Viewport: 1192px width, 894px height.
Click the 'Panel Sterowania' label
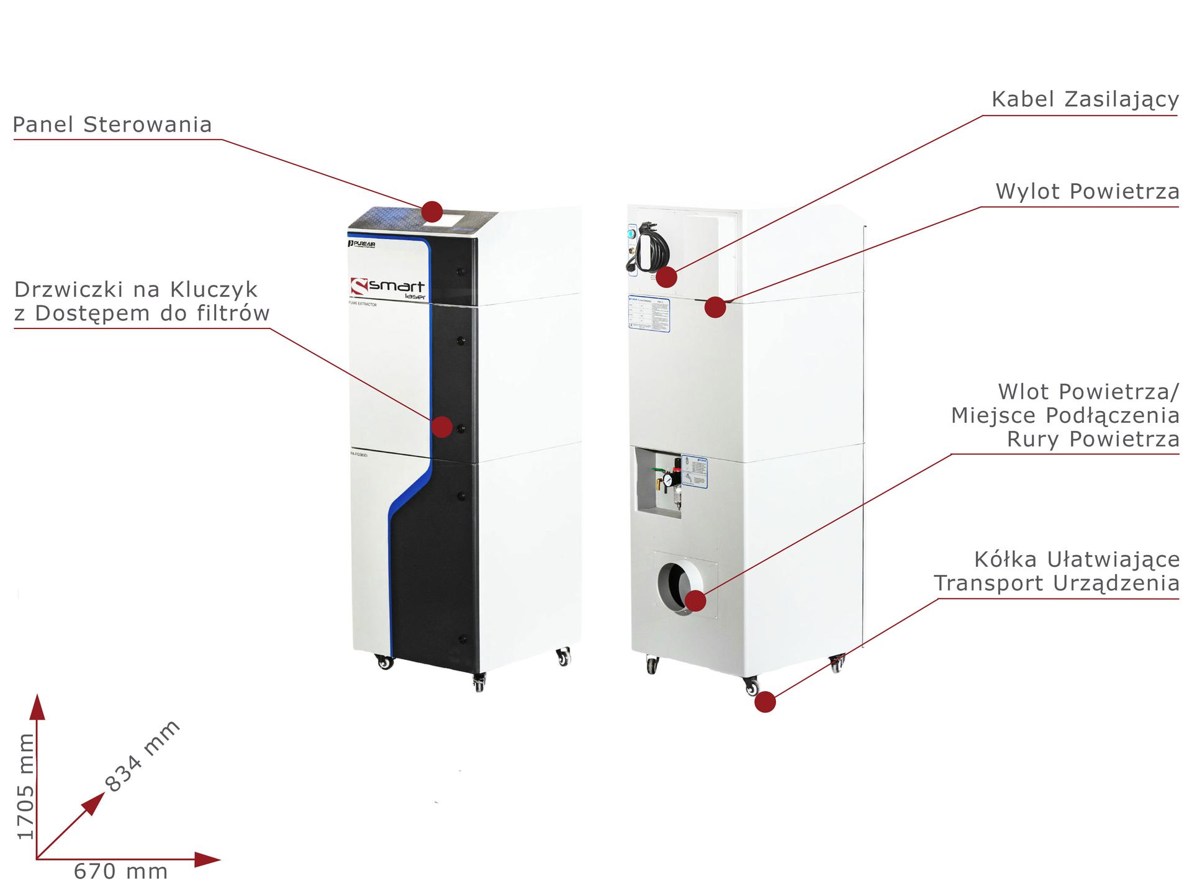click(x=112, y=125)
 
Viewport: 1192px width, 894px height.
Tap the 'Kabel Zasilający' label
click(x=1085, y=100)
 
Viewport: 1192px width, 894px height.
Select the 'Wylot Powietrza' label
click(x=1087, y=192)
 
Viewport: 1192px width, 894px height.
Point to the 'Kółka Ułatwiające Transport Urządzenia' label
click(x=1057, y=572)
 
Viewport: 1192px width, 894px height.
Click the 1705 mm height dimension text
click(x=25, y=786)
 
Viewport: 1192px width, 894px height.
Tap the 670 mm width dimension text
click(x=121, y=872)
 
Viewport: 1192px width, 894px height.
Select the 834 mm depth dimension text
click(x=142, y=756)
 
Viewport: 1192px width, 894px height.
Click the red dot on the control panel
click(x=432, y=212)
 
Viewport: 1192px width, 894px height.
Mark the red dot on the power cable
click(x=667, y=277)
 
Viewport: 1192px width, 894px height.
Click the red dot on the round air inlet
click(x=696, y=601)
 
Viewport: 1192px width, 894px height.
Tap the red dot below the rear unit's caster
click(x=765, y=702)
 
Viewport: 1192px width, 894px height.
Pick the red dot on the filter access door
click(x=442, y=427)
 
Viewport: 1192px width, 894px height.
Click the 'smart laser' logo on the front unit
click(x=388, y=288)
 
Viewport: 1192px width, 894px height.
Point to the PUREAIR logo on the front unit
click(x=361, y=245)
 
